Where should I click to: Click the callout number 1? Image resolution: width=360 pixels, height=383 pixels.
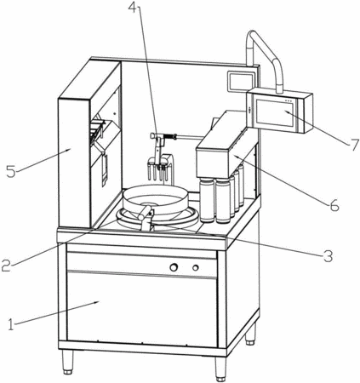(11, 324)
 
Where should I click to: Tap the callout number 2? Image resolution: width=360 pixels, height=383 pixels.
(6, 265)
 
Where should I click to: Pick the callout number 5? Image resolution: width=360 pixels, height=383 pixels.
(11, 171)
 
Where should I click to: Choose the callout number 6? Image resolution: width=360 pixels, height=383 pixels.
(334, 205)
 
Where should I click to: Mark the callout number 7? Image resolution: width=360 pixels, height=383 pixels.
(354, 145)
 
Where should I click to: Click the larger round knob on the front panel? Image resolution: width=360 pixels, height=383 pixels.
(174, 267)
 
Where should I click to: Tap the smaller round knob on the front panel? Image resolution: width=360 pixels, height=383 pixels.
(196, 267)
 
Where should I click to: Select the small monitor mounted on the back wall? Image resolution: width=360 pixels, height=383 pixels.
(240, 82)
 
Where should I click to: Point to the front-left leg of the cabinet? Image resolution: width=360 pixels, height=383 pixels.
(67, 363)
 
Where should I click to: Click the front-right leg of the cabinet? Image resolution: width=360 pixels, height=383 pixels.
(220, 369)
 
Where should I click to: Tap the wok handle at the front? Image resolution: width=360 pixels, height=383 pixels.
(145, 213)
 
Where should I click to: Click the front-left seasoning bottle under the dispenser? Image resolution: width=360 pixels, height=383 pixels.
(207, 200)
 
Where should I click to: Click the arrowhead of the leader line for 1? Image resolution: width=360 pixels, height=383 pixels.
(97, 302)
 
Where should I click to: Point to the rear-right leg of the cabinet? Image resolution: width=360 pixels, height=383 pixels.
(250, 334)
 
